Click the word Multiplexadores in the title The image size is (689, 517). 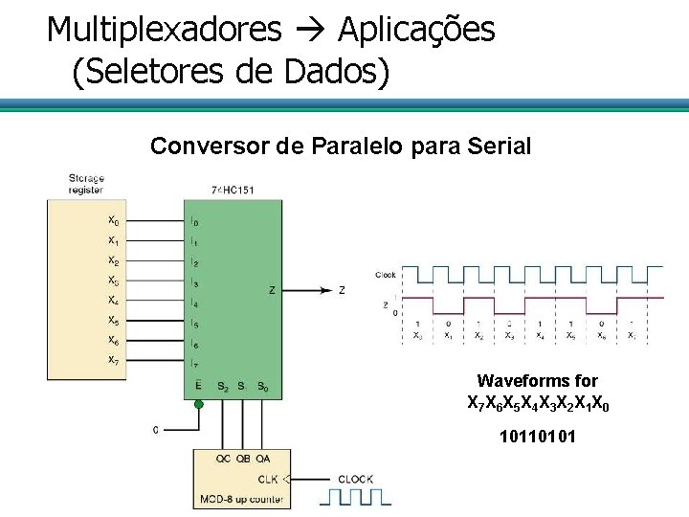tap(164, 30)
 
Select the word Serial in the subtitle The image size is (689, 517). tap(498, 146)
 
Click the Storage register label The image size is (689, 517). tap(86, 184)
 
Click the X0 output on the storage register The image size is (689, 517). tap(113, 221)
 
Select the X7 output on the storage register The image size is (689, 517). tap(113, 360)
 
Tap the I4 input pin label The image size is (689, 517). tap(194, 303)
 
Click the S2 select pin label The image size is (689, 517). tap(222, 386)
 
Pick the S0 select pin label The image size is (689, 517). tap(262, 386)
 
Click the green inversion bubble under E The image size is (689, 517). tap(198, 403)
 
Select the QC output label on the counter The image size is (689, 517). tap(222, 459)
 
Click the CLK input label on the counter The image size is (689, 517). tap(269, 478)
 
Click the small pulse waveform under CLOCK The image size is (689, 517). tap(355, 496)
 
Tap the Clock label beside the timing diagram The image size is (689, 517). tap(386, 274)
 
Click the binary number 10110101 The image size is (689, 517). tap(537, 441)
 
